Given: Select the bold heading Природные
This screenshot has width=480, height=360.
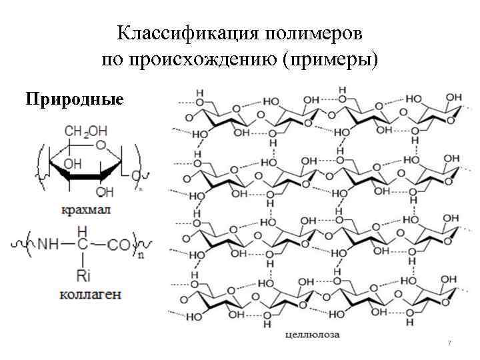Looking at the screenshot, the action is pyautogui.click(x=75, y=100).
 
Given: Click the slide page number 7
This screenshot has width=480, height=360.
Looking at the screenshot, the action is pyautogui.click(x=449, y=343).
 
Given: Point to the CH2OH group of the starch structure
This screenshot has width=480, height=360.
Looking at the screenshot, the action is pyautogui.click(x=87, y=129).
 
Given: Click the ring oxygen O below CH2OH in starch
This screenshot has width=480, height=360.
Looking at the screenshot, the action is pyautogui.click(x=101, y=145).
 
